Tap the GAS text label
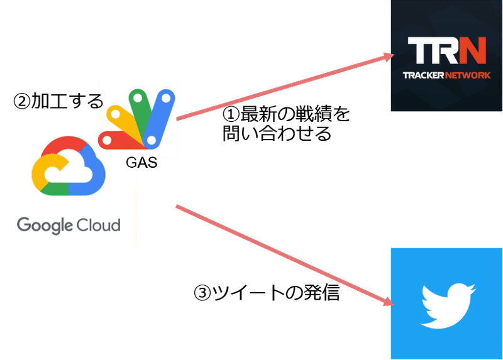coord(141,162)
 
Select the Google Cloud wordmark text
coord(69,226)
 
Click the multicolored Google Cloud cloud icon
coord(69,166)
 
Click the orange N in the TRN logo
coord(473,50)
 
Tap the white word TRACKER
coord(423,75)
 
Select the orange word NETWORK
coord(468,75)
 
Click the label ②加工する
coord(58,101)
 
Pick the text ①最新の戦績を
coord(286,114)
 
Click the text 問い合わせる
coord(277,133)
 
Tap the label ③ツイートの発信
coord(267,292)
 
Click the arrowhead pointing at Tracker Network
coord(389,57)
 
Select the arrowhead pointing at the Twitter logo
coord(389,302)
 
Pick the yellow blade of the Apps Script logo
coord(123,120)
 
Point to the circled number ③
coord(202,293)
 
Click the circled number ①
coord(231,114)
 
